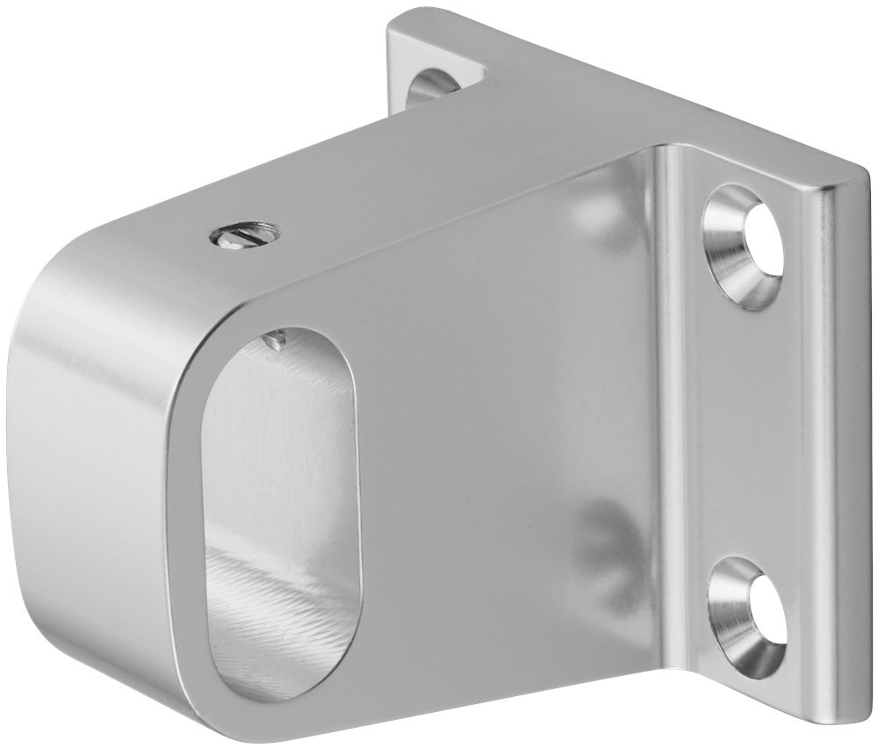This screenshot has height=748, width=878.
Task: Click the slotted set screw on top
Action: [245, 234]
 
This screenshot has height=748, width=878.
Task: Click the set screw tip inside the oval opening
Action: [276, 339]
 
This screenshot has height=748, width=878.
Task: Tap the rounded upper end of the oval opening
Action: [290, 351]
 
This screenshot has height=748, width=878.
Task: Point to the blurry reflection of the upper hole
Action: [597, 211]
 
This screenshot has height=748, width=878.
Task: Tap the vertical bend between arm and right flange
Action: [667, 421]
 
